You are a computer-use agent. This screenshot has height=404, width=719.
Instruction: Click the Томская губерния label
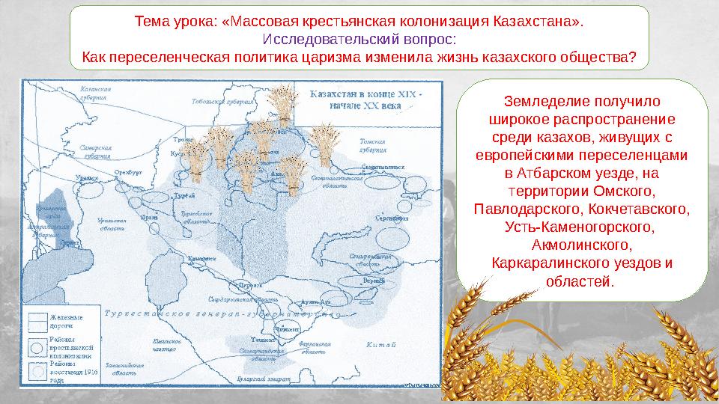coord(371,144)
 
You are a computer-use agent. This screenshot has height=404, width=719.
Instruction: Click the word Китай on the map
coord(379,345)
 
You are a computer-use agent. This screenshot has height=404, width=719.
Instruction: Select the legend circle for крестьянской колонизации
coord(37,347)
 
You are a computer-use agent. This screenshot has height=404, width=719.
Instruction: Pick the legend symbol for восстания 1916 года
coord(37,371)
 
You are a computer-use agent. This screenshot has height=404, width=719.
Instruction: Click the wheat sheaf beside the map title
coord(282,103)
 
